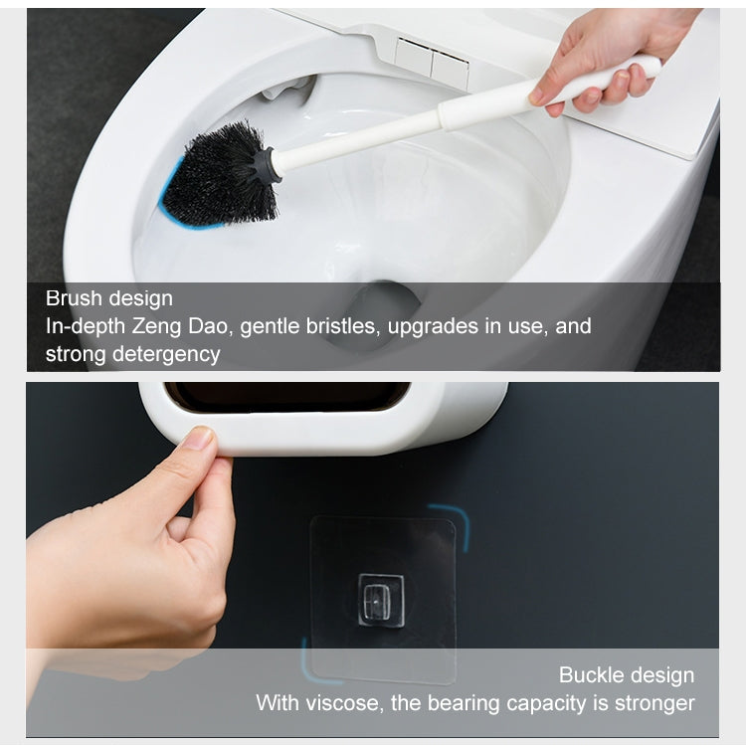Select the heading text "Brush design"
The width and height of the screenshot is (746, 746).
point(108,298)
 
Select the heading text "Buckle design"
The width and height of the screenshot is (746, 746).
point(626,675)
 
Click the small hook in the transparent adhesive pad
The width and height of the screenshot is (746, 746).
point(381,599)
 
